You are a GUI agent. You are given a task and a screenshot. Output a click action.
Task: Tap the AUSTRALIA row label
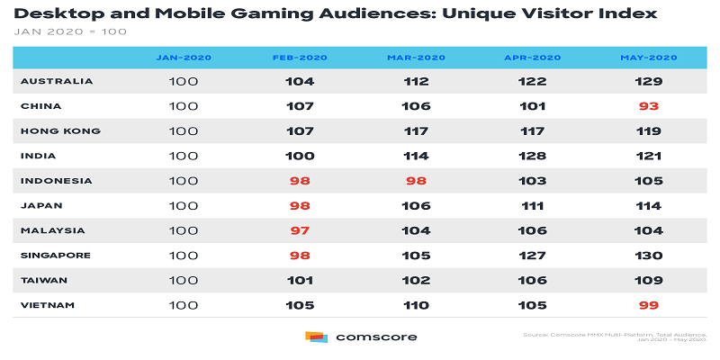[x=57, y=81]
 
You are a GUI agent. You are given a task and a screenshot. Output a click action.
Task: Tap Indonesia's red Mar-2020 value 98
[x=416, y=181]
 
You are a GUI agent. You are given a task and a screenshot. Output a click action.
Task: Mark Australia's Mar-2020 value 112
[x=416, y=81]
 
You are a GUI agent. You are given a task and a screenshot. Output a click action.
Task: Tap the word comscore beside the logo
[x=375, y=337]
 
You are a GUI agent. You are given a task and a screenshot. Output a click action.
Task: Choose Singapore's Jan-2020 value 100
[x=184, y=255]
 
